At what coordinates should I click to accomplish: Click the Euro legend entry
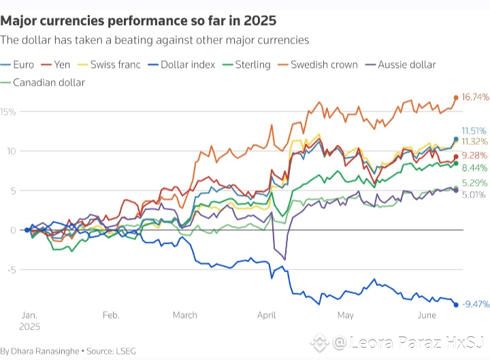[21, 65]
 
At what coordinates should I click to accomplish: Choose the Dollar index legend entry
[189, 65]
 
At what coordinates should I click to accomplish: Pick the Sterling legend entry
[252, 65]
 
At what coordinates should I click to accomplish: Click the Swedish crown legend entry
[323, 65]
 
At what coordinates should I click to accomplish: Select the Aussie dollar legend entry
[407, 65]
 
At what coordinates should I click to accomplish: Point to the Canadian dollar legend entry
[48, 82]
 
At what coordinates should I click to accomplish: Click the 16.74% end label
[475, 97]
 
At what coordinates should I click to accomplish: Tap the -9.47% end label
[475, 304]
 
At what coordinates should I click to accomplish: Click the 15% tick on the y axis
[7, 111]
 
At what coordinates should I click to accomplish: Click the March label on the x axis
[185, 315]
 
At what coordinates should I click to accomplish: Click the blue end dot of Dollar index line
[455, 304]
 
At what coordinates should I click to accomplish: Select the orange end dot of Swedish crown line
[455, 97]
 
